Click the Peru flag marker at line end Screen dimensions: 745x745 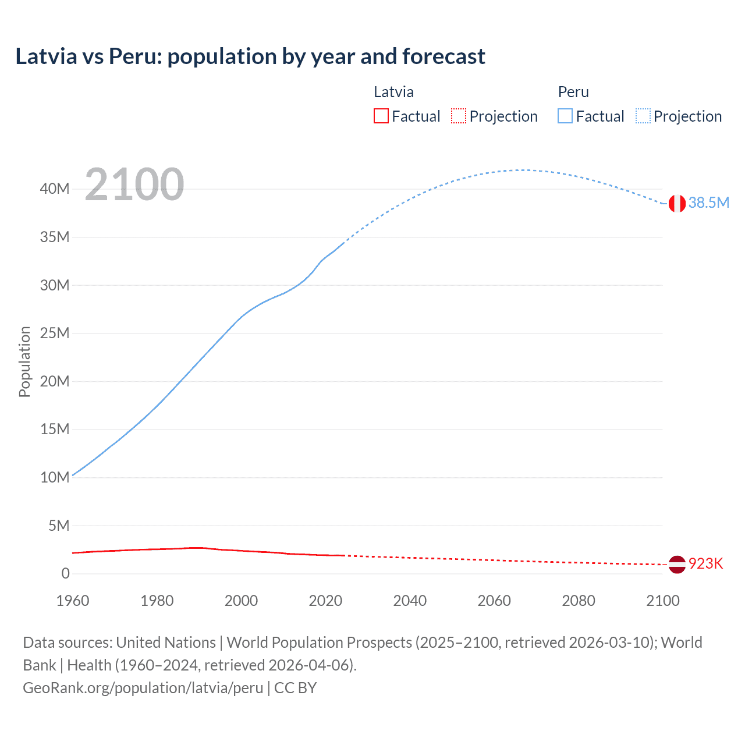[677, 203]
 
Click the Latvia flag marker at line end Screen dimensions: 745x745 [677, 564]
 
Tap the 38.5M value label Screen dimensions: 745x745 [708, 203]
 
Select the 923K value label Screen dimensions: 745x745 [705, 563]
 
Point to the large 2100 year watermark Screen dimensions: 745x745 [134, 185]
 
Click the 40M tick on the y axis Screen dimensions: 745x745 [55, 189]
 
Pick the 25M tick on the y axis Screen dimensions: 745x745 [55, 333]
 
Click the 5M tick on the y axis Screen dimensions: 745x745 [59, 526]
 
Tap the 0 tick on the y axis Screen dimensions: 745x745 [65, 573]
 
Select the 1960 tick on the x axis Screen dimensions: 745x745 [73, 601]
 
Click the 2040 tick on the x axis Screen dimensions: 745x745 [410, 601]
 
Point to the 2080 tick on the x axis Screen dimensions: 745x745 [579, 601]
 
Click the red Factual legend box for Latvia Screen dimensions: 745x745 [381, 116]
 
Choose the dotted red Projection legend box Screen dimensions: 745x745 [459, 116]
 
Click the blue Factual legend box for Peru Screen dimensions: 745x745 [565, 116]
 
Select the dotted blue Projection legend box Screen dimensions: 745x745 [643, 116]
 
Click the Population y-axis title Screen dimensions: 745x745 [24, 361]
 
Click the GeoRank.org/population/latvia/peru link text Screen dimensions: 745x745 [143, 687]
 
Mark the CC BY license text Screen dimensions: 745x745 [295, 687]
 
